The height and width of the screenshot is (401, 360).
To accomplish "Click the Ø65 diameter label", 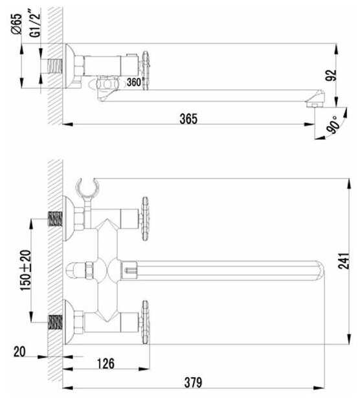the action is click(x=17, y=24).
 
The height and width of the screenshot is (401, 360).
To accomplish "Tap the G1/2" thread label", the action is click(x=35, y=23).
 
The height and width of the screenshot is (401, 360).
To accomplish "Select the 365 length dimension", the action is click(x=188, y=118).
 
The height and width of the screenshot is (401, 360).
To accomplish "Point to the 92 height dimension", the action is click(x=331, y=75).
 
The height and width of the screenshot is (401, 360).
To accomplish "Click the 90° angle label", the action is click(x=334, y=125).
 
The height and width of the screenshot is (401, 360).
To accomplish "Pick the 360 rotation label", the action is click(x=134, y=82).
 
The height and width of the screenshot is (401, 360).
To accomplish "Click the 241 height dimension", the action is click(x=344, y=261).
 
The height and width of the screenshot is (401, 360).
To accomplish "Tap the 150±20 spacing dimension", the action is click(x=26, y=270).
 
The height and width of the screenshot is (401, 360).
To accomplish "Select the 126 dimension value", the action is click(x=106, y=363).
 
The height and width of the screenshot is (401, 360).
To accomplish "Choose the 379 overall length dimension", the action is click(x=194, y=383).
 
